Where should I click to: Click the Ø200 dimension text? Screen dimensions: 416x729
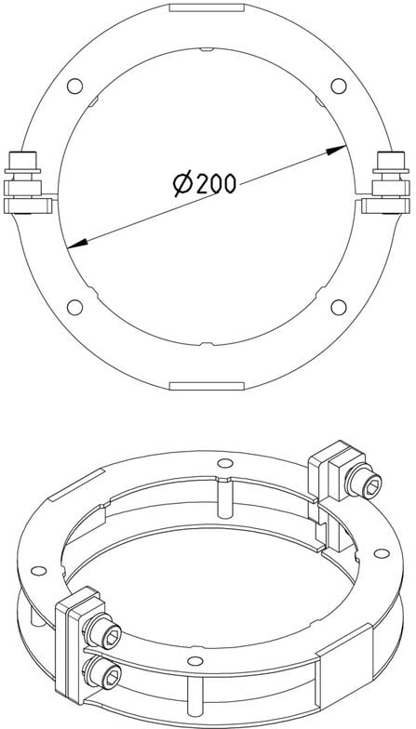[205, 184]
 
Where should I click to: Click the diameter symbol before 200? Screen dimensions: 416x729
[182, 184]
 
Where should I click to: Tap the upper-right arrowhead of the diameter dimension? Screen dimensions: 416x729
[336, 151]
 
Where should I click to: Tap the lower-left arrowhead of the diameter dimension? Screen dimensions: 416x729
[77, 244]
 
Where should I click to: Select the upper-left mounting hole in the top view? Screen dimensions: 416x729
[74, 86]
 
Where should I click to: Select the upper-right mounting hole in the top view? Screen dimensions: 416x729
[339, 86]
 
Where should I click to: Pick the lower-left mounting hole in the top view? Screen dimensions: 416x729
[74, 307]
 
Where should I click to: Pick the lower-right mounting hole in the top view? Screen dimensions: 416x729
[339, 307]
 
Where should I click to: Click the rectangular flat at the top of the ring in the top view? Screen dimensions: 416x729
[207, 7]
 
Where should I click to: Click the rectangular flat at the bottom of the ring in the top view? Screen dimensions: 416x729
[207, 386]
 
